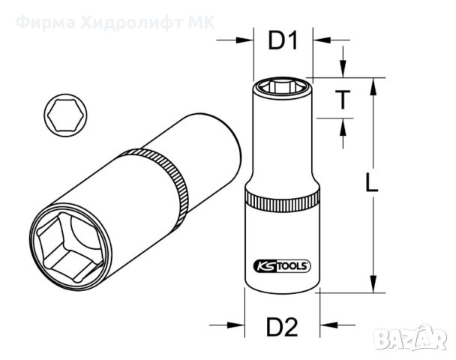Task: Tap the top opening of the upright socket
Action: tap(281, 85)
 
